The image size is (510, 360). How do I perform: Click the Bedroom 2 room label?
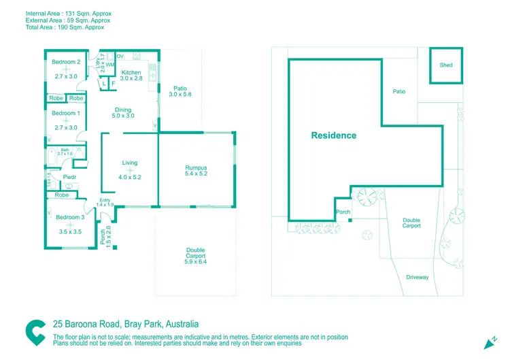coord(66,62)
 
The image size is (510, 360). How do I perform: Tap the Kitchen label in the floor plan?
coord(131,72)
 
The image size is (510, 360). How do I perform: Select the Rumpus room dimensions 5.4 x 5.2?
coord(196,174)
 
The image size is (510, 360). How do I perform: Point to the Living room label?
coord(130,163)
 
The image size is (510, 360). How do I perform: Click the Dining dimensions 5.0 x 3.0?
coord(123,116)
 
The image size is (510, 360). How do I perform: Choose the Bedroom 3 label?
coord(69,217)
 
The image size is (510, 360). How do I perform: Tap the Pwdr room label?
coord(69,178)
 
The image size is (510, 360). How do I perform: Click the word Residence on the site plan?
coord(333,135)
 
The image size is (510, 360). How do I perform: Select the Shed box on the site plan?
coord(446,65)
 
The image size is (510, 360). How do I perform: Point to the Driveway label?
coord(418,277)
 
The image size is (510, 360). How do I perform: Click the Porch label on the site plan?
coord(343,212)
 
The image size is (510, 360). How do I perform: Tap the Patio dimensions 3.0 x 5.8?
coord(180,94)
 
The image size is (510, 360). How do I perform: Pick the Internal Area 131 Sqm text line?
coord(68,14)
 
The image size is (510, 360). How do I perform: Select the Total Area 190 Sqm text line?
coord(65,29)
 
